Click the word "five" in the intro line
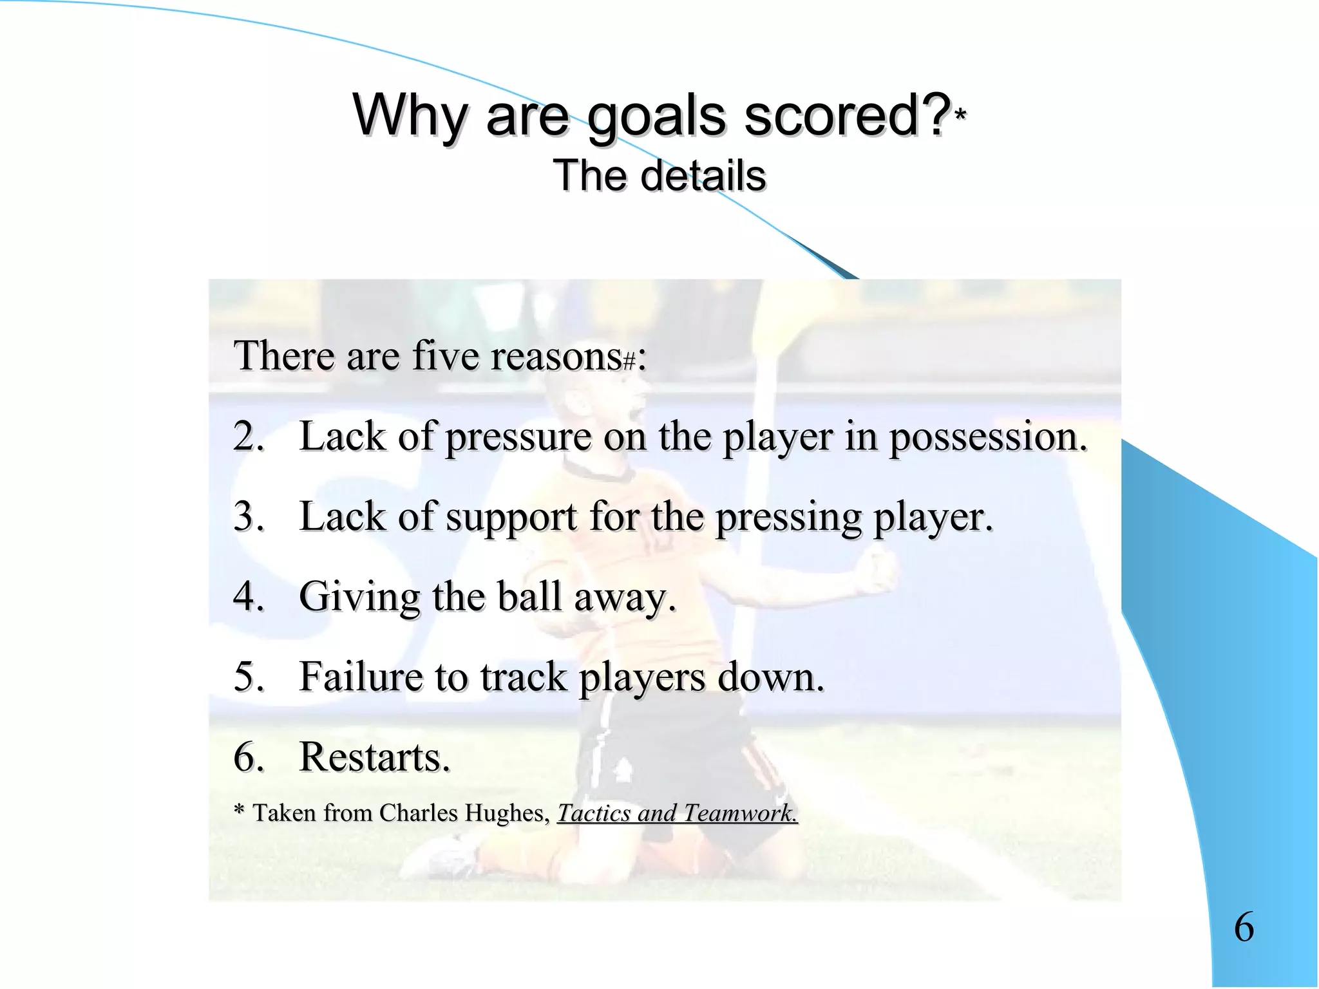446,355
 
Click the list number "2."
249,437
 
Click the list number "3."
249,516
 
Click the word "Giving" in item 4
359,598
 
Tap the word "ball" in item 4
529,596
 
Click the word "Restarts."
375,757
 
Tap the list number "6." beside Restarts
249,757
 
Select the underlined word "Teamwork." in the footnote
741,814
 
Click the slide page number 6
1244,928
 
